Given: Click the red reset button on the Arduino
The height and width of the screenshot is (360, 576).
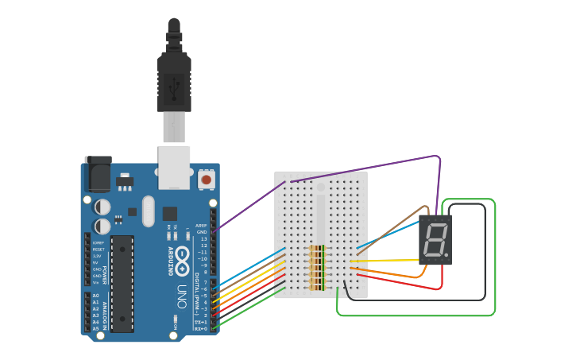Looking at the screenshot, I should coord(207,180).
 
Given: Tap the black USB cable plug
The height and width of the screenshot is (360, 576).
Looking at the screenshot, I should coord(174,79).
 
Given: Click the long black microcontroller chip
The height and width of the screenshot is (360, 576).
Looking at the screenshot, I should coord(122,283).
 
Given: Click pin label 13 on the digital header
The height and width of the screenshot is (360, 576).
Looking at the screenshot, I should coord(203,238).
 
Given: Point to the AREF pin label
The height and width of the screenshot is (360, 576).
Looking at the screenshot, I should coord(202,226).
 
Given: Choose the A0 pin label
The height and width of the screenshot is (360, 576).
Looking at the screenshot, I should coord(95,296).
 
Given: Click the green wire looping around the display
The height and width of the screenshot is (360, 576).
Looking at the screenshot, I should coord(494,254).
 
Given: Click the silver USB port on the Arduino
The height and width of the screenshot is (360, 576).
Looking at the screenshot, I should coord(174,166).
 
